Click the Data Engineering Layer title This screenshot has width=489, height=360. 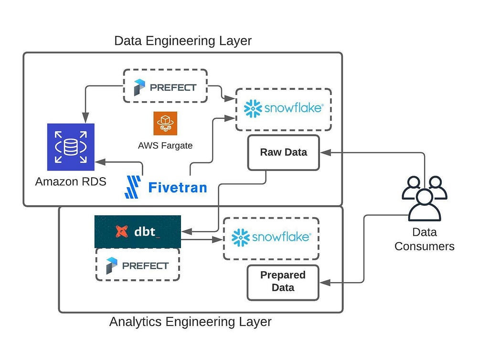pos(182,41)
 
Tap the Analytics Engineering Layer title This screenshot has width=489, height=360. pos(190,322)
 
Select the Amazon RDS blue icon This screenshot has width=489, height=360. pos(71,147)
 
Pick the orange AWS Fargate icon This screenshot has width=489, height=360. pos(165,123)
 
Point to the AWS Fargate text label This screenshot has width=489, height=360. pos(165,146)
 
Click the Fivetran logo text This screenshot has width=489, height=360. pos(177,187)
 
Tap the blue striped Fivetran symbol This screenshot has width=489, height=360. pos(133,187)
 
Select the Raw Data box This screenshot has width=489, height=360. pos(283,153)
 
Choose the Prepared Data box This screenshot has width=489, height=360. pos(283,282)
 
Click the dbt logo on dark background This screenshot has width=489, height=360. pos(138,232)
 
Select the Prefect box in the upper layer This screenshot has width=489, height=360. pos(165,86)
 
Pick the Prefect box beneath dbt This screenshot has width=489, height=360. pos(138,265)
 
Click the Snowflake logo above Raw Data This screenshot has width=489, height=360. pos(283,109)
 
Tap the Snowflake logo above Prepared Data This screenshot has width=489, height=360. pos(271,237)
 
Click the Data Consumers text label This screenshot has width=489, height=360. pos(424,239)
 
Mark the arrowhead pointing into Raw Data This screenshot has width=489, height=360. pos(324,153)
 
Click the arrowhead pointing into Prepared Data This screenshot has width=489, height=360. pos(324,283)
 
